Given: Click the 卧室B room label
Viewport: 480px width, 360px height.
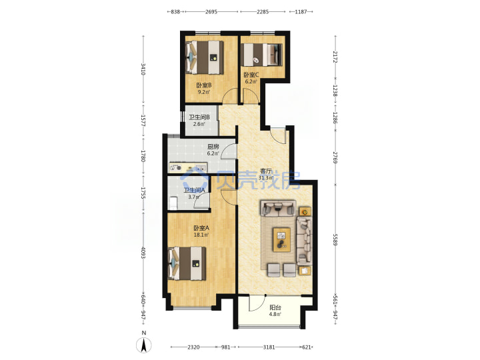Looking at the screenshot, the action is point(204,85).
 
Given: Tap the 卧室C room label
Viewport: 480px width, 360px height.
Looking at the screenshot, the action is point(251,75).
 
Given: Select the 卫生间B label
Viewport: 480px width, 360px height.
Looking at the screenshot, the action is point(199,117).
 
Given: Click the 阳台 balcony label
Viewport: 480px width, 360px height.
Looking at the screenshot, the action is point(275,308).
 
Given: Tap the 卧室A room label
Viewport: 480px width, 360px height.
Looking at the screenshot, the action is point(201,228).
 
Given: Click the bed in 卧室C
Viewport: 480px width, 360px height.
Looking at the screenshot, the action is point(261,55).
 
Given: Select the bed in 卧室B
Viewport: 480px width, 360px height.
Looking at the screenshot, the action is point(205,57).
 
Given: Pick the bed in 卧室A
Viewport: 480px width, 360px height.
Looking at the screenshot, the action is point(187,263).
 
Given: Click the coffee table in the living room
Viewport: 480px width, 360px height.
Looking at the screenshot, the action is point(282,240).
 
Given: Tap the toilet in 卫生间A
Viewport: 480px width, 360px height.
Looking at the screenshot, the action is point(173,203).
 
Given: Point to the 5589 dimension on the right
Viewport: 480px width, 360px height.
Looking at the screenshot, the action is point(335,239).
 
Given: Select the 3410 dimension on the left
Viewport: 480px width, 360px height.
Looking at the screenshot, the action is point(143,69).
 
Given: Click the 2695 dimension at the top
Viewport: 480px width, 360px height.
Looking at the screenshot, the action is point(211,11).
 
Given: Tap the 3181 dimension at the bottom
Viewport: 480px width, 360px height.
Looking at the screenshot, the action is point(269,347).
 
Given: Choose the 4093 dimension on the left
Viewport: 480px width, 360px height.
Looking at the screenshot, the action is point(143,252).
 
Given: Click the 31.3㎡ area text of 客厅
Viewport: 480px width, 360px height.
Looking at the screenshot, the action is point(266,177).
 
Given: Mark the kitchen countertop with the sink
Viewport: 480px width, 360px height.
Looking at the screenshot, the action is point(188,167).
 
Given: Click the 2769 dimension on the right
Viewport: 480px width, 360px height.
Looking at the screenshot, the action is point(335,157).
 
